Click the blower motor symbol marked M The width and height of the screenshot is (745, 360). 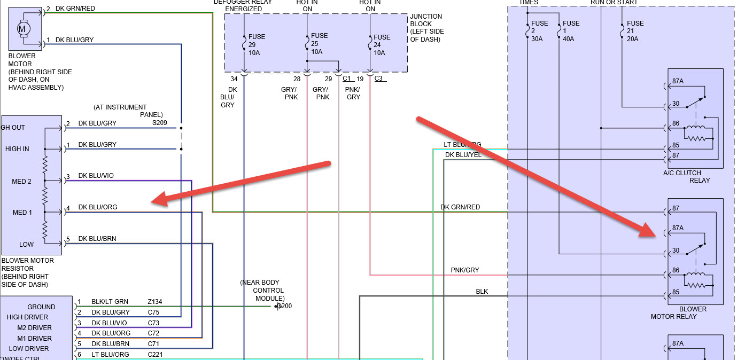point(23,28)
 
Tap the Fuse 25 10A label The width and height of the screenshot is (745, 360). point(319,44)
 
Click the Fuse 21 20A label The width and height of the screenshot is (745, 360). point(635,31)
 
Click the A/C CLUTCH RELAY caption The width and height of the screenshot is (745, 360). point(686,176)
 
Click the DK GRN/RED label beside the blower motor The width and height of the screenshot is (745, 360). point(75,9)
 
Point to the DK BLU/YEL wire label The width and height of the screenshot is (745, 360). point(463,155)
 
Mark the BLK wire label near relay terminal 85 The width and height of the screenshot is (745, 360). point(482,292)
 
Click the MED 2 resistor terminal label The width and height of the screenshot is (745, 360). point(21,182)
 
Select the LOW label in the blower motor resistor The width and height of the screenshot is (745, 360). point(26,244)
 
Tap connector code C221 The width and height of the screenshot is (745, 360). point(156,354)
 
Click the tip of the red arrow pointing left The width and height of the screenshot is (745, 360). point(152,202)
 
